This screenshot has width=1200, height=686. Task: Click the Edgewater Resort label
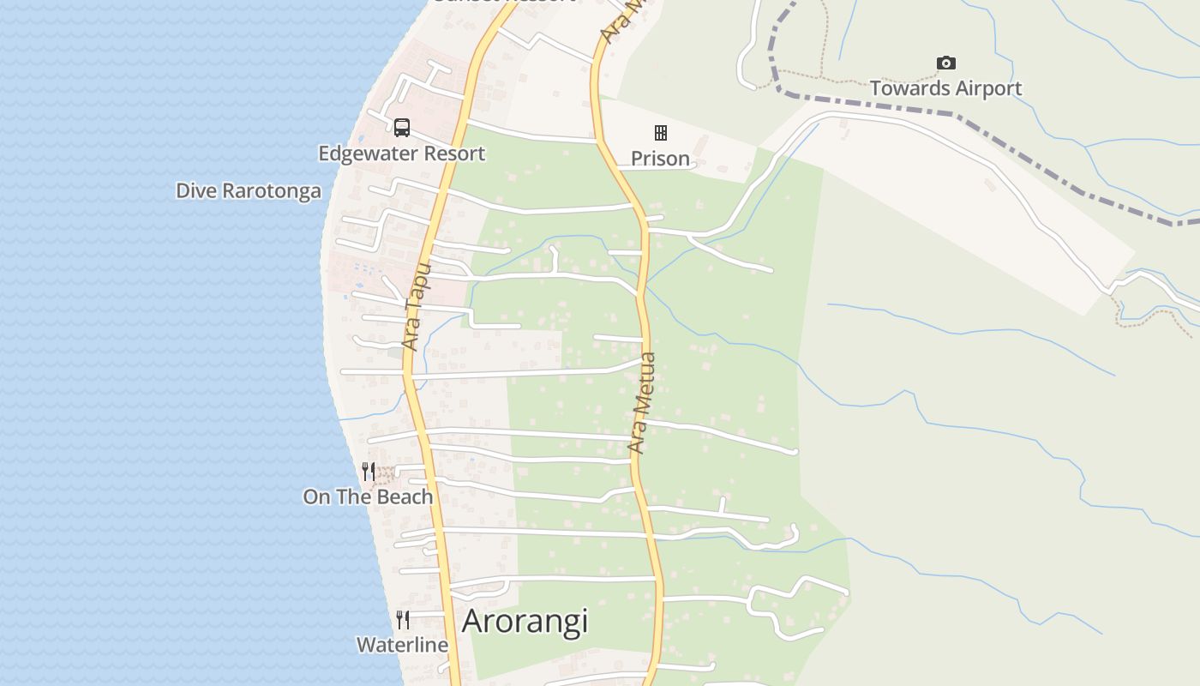(x=401, y=153)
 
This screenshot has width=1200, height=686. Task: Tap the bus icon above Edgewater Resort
(x=402, y=128)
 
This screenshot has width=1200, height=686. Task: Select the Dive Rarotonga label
(x=249, y=190)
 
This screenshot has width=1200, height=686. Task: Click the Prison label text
(x=660, y=159)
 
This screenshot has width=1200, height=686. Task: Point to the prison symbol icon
(x=661, y=132)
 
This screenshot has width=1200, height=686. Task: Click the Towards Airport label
(x=945, y=88)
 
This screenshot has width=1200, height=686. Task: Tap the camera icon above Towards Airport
(x=945, y=63)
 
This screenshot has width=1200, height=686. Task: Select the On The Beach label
(x=368, y=496)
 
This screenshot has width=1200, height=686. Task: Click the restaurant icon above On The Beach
(x=369, y=471)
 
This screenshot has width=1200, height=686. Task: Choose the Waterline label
(x=402, y=645)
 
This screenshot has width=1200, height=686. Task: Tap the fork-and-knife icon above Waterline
(x=403, y=619)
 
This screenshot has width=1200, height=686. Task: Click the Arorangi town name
(x=525, y=621)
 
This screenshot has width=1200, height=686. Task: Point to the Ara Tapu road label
(x=415, y=307)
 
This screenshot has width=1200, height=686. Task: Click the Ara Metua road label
(x=642, y=403)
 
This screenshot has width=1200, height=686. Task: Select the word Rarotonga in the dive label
(x=272, y=190)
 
